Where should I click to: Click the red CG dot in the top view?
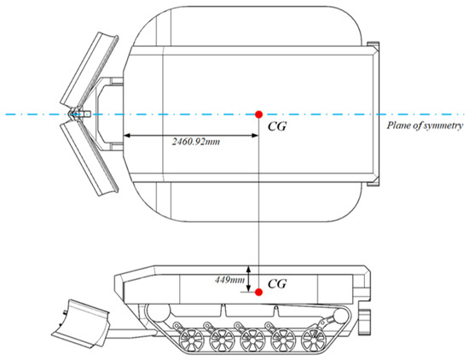pyautogui.click(x=258, y=114)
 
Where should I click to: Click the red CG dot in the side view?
pyautogui.click(x=258, y=292)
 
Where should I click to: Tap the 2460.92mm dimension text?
pyautogui.click(x=196, y=142)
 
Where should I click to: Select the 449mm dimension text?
pyautogui.click(x=229, y=280)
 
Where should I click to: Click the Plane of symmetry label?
pyautogui.click(x=425, y=125)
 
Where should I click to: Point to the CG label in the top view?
pyautogui.click(x=277, y=126)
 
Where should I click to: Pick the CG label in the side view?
pyautogui.click(x=277, y=283)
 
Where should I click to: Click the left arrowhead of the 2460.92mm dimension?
pyautogui.click(x=127, y=136)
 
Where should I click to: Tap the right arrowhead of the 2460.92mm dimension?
pyautogui.click(x=255, y=136)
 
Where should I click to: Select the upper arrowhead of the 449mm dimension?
pyautogui.click(x=248, y=269)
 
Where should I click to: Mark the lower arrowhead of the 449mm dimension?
pyautogui.click(x=248, y=288)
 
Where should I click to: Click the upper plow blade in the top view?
pyautogui.click(x=90, y=69)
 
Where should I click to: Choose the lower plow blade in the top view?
pyautogui.click(x=90, y=159)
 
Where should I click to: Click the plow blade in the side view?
pyautogui.click(x=80, y=324)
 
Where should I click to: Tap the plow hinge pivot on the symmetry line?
pyautogui.click(x=72, y=114)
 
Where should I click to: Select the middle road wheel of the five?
pyautogui.click(x=252, y=340)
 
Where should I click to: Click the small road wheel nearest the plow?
pyautogui.click(x=191, y=340)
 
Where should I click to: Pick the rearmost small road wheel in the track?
pyautogui.click(x=313, y=340)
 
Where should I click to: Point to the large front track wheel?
pyautogui.click(x=159, y=314)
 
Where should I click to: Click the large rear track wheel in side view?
pyautogui.click(x=340, y=315)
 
